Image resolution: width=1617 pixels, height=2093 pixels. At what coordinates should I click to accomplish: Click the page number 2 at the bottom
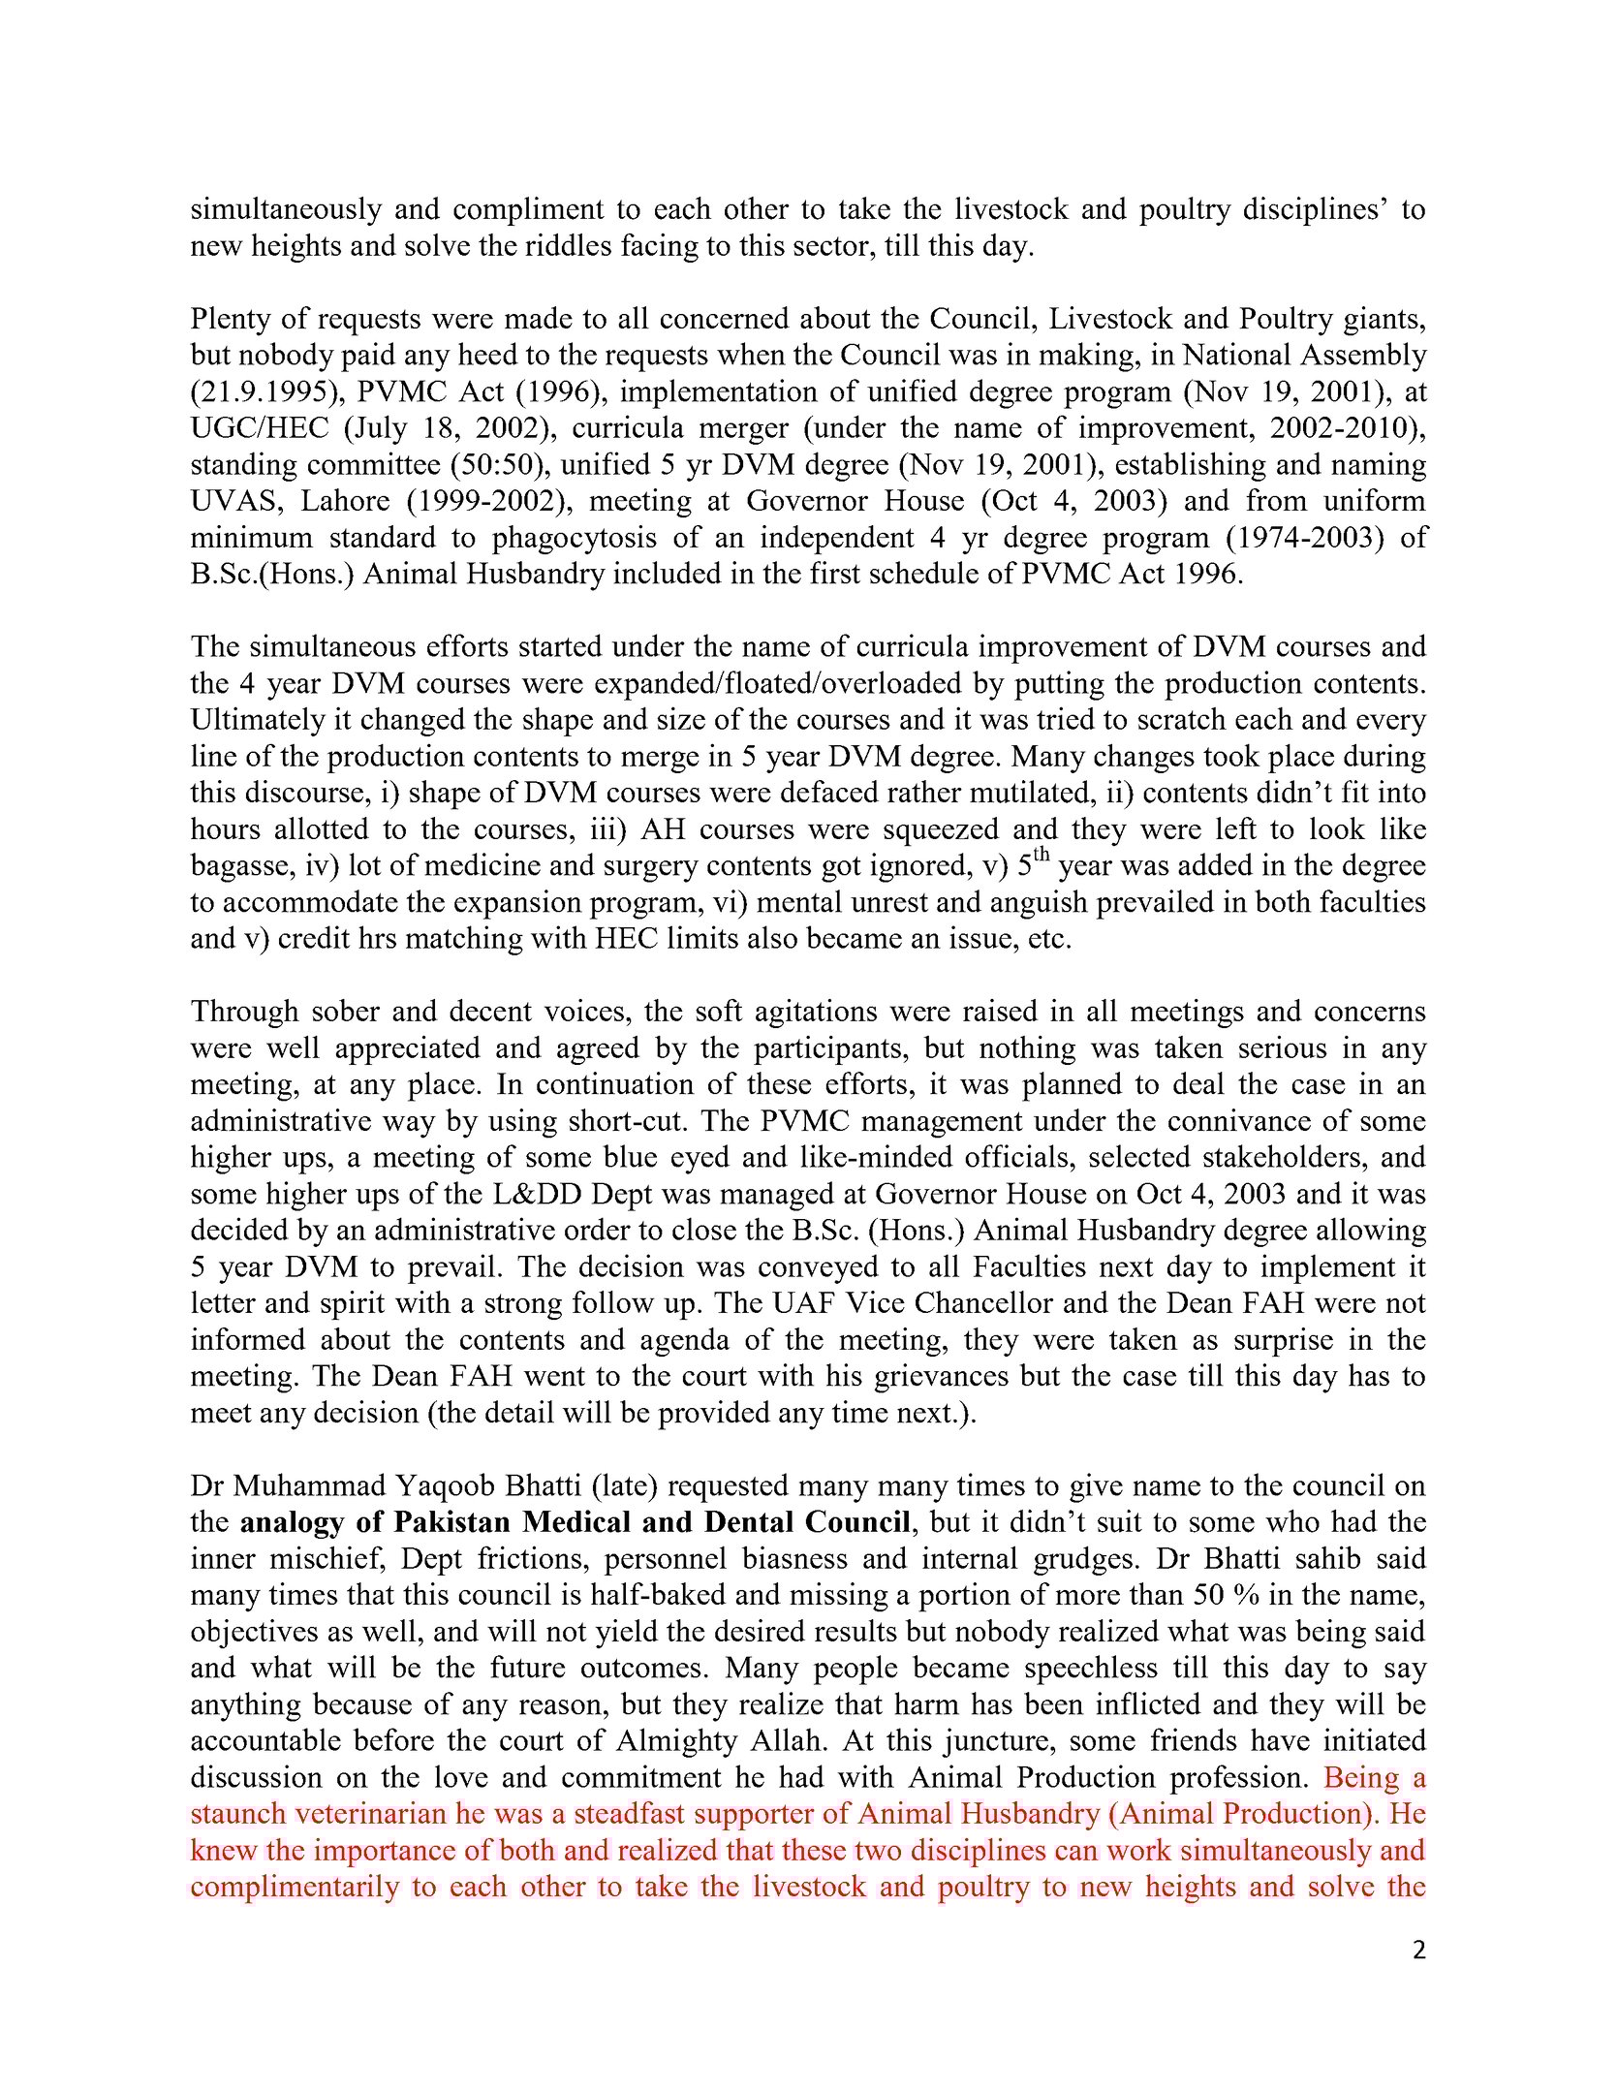[x=1418, y=1951]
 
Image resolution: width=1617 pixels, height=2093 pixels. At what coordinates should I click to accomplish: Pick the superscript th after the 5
[x=1043, y=856]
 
